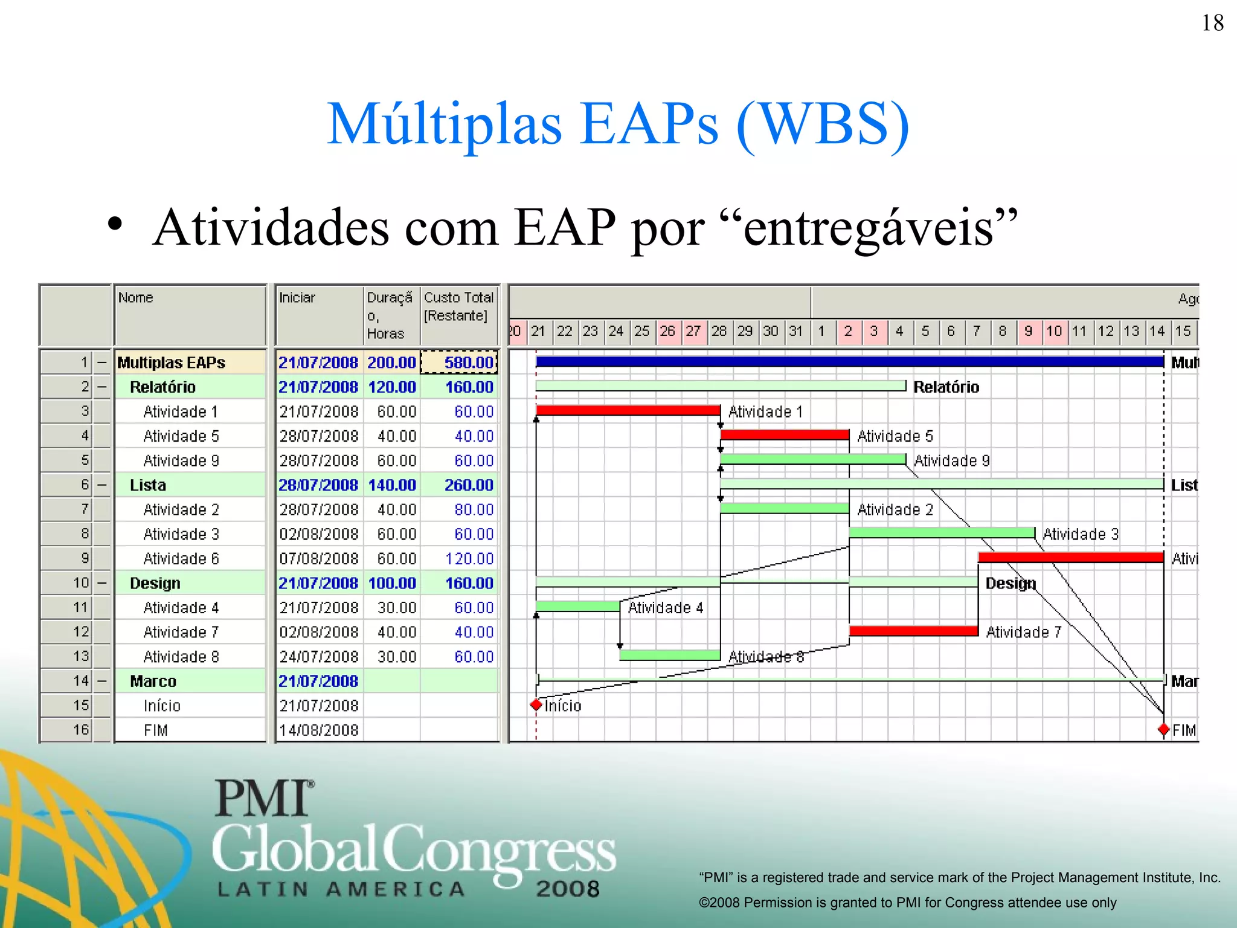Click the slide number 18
pyautogui.click(x=1212, y=24)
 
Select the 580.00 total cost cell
pyautogui.click(x=460, y=362)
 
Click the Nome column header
pyautogui.click(x=136, y=298)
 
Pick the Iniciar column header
pyautogui.click(x=297, y=298)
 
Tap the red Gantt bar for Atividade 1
pyautogui.click(x=628, y=411)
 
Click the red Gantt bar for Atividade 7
pyautogui.click(x=913, y=631)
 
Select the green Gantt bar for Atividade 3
pyautogui.click(x=941, y=533)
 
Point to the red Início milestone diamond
pyautogui.click(x=536, y=705)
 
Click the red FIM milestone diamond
pyautogui.click(x=1163, y=730)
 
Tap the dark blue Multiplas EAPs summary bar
pyautogui.click(x=849, y=362)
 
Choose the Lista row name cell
pyautogui.click(x=148, y=485)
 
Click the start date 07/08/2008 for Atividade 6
pyautogui.click(x=318, y=559)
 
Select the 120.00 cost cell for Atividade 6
pyautogui.click(x=469, y=559)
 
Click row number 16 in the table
pyautogui.click(x=81, y=730)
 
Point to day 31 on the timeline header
pyautogui.click(x=796, y=331)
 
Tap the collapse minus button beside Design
pyautogui.click(x=102, y=583)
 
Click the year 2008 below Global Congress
pyautogui.click(x=568, y=889)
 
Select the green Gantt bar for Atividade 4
pyautogui.click(x=577, y=606)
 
